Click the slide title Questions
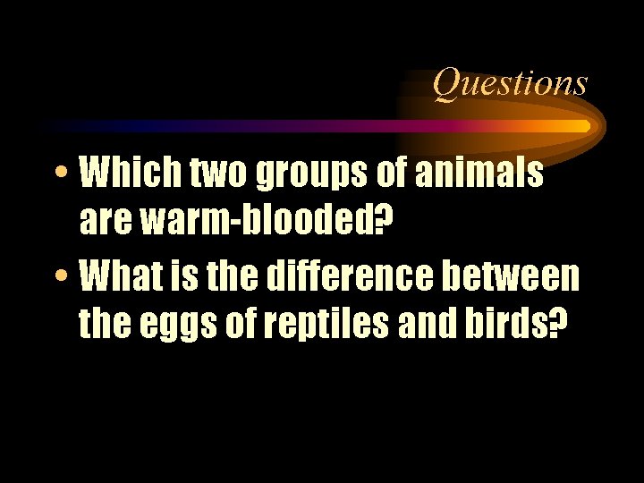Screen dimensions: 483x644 click(x=511, y=83)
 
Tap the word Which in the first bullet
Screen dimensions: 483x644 click(x=122, y=174)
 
